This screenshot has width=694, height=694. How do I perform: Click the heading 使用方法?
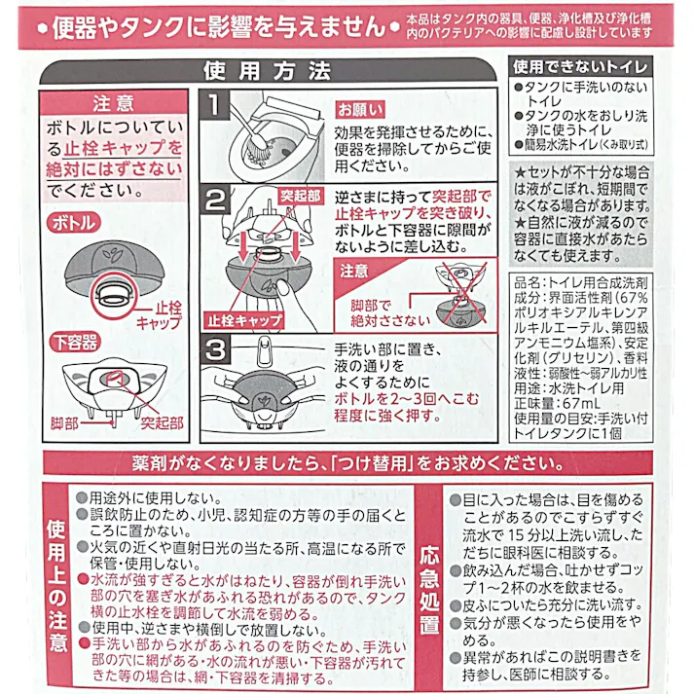point(268,72)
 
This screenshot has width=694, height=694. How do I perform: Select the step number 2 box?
point(217,199)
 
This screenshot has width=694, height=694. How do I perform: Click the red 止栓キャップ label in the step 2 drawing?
point(243,318)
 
